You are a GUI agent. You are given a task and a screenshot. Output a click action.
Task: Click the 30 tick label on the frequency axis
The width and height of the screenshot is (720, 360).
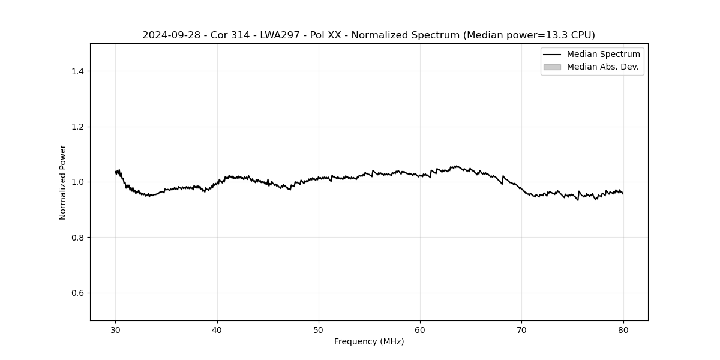click(x=116, y=329)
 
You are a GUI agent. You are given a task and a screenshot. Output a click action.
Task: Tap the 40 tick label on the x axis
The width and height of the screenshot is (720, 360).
click(x=217, y=329)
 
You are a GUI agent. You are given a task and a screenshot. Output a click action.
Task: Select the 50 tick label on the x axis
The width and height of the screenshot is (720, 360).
click(x=319, y=329)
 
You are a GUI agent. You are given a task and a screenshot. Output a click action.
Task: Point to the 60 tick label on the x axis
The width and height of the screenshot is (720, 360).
click(x=420, y=329)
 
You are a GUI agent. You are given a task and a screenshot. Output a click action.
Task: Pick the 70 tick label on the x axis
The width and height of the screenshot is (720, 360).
click(x=521, y=329)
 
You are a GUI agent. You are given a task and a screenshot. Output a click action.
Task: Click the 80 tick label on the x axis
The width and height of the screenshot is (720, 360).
click(x=623, y=329)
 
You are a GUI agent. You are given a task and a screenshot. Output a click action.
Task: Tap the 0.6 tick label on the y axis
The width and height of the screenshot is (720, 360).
click(x=77, y=293)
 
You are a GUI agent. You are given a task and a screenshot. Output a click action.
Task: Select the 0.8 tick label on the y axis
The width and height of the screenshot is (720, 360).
click(x=77, y=238)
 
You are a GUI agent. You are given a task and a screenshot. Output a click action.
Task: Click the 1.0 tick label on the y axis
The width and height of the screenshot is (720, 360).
click(x=77, y=182)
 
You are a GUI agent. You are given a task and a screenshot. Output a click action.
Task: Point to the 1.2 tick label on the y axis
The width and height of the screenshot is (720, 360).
click(x=77, y=127)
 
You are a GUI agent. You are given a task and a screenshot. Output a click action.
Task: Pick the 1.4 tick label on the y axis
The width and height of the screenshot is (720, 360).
click(x=77, y=71)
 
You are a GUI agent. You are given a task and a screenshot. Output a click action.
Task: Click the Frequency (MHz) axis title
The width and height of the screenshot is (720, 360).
click(x=369, y=341)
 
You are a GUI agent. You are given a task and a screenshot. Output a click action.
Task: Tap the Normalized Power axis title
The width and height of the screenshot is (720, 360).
click(x=63, y=182)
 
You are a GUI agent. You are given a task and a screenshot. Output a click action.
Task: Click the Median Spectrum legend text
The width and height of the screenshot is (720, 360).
click(x=603, y=55)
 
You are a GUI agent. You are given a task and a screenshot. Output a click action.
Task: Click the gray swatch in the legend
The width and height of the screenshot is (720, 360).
click(x=552, y=67)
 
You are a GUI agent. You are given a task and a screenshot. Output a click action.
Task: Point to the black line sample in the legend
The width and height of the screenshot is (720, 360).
click(x=552, y=55)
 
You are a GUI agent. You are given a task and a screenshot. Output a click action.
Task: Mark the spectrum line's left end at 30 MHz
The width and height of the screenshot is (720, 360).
click(x=116, y=172)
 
